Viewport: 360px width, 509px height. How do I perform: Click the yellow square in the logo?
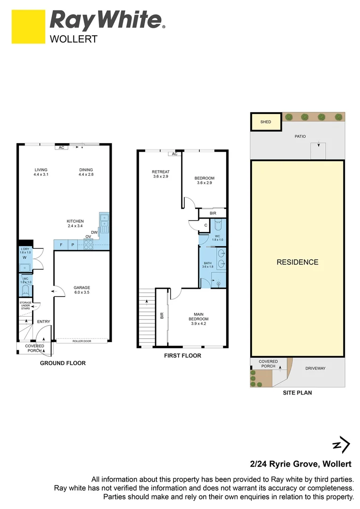[x=28, y=28]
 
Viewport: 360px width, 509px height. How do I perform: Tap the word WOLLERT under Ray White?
[x=74, y=40]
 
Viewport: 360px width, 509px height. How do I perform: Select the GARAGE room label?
[x=82, y=287]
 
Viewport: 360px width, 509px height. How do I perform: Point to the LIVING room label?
[x=41, y=170]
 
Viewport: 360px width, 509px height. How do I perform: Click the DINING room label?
[x=86, y=170]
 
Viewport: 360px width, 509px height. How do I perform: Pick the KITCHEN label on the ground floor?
[x=75, y=221]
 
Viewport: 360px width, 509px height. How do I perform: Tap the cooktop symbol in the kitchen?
[x=88, y=244]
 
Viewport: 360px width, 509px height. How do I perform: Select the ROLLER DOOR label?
[x=82, y=341]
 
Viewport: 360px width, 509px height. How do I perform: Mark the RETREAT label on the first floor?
[x=161, y=172]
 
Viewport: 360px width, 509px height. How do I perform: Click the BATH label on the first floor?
[x=207, y=263]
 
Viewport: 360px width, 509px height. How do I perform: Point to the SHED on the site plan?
[x=266, y=122]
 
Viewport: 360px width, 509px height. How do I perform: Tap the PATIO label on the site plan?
[x=300, y=137]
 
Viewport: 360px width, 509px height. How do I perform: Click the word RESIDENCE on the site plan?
[x=297, y=262]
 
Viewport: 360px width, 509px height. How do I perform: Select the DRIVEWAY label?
[x=315, y=369]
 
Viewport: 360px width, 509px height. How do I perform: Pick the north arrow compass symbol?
[x=341, y=444]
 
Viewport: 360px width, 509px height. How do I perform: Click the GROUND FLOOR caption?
[x=63, y=363]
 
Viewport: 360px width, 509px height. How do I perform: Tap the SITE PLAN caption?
[x=297, y=393]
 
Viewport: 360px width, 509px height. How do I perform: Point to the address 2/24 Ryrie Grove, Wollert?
[x=300, y=464]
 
